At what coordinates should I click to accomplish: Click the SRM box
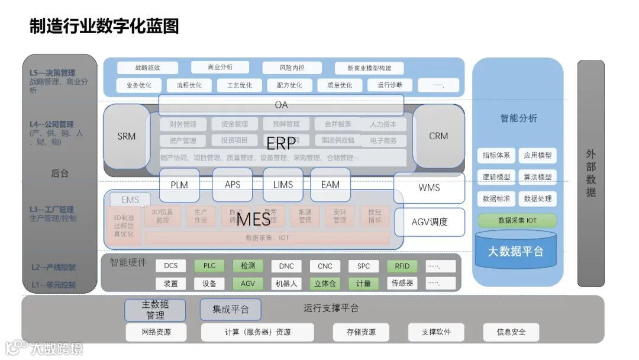point(126,136)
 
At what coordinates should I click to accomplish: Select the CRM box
point(438,136)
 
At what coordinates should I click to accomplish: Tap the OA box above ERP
point(281,105)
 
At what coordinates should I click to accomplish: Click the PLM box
point(179,185)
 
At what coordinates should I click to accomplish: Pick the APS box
point(233,185)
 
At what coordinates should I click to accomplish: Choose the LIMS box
point(283,185)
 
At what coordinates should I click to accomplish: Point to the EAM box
point(330,185)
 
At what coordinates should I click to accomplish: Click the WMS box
point(429,188)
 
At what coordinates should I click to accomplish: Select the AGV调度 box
point(430,222)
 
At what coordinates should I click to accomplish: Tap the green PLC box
point(209,266)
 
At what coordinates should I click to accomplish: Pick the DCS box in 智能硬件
point(171,266)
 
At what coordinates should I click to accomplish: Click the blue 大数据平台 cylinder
point(515,251)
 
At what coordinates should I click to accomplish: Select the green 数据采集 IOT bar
point(517,220)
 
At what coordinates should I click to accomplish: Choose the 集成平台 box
point(230,309)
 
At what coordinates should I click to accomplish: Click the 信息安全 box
point(511,332)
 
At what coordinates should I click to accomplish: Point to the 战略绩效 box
point(148,67)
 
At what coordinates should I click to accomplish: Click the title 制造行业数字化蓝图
point(104,26)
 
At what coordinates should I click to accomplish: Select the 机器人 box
point(286,284)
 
